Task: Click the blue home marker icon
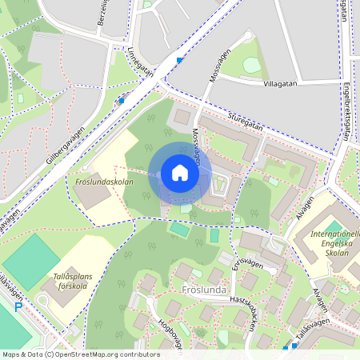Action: (180, 174)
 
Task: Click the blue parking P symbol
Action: (18, 307)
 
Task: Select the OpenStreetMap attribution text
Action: (80, 354)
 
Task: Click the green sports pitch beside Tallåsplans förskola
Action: (30, 259)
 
